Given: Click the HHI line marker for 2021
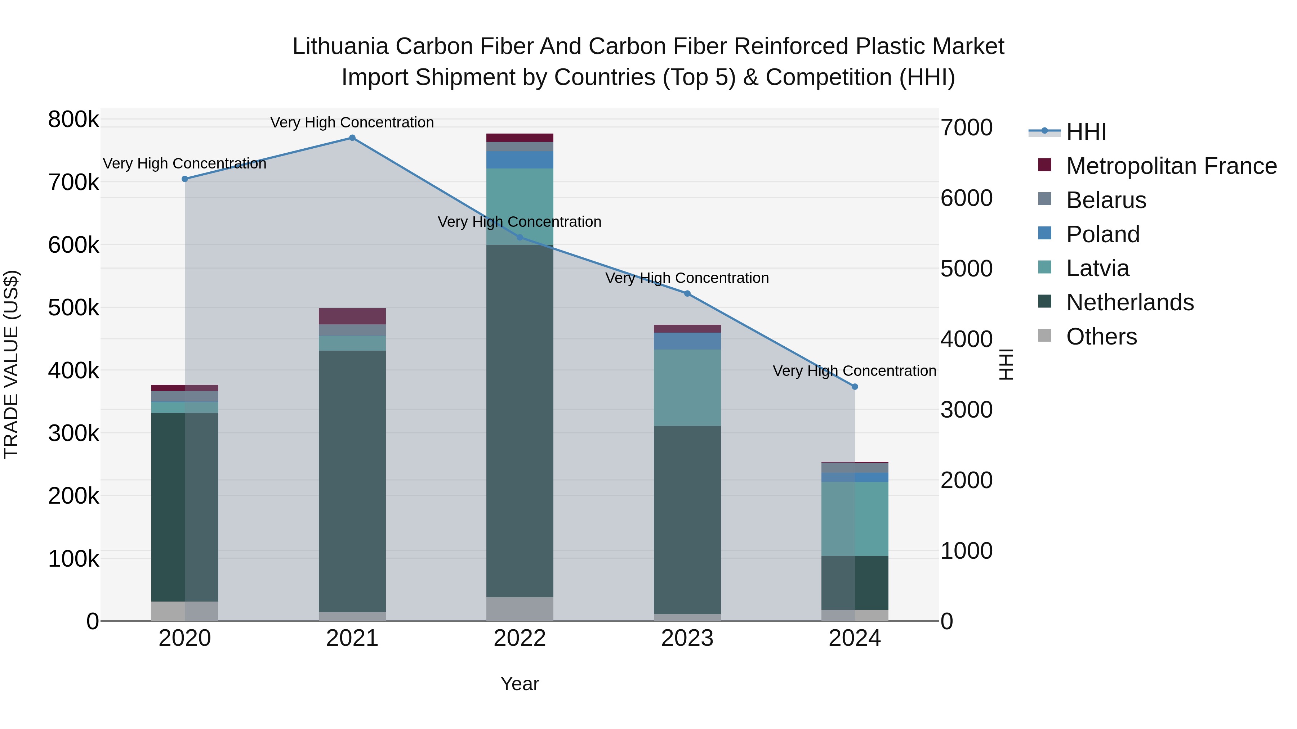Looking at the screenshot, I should click(x=352, y=138).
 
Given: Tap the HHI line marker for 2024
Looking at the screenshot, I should click(x=855, y=386).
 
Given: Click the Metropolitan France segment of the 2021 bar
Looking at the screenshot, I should click(x=352, y=316).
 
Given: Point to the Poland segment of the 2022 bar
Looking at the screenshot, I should click(x=520, y=159).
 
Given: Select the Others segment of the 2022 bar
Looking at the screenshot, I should click(x=520, y=609).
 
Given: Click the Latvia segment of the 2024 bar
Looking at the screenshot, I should click(x=855, y=518).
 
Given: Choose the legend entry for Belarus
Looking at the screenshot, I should click(x=1106, y=200).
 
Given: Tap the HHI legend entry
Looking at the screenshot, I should click(x=1086, y=132).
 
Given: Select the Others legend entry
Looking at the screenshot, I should click(x=1101, y=337).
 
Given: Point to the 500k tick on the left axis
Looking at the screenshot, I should click(x=73, y=308).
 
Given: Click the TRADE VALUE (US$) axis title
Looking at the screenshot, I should click(x=11, y=364).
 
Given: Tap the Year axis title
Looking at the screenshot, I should click(x=520, y=684).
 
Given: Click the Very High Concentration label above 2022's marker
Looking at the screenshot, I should click(x=520, y=222).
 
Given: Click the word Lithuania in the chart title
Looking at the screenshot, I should click(x=340, y=46).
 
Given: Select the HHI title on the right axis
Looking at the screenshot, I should click(x=1006, y=364).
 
